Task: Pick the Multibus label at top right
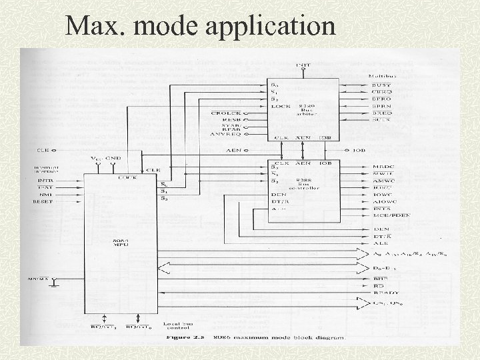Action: coord(382,77)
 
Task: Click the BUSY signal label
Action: coord(381,86)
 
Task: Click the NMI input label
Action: coord(45,194)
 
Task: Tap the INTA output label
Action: coord(381,209)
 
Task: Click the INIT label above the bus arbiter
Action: coord(302,65)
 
